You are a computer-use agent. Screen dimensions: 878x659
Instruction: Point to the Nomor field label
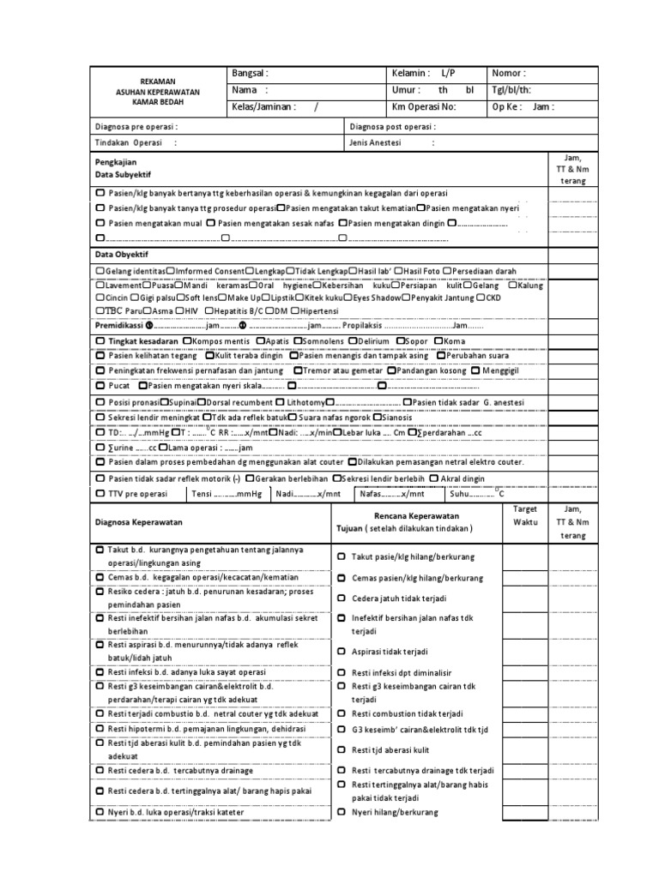tap(509, 74)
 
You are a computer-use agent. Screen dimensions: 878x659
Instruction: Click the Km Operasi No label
tap(424, 107)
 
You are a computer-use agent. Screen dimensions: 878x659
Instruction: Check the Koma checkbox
tap(438, 341)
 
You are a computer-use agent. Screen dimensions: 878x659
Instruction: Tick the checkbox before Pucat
tap(100, 386)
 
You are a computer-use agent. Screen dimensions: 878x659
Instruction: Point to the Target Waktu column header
tap(524, 515)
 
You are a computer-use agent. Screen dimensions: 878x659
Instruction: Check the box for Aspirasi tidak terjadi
tap(342, 652)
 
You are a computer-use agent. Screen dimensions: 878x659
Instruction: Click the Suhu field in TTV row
tap(479, 495)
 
